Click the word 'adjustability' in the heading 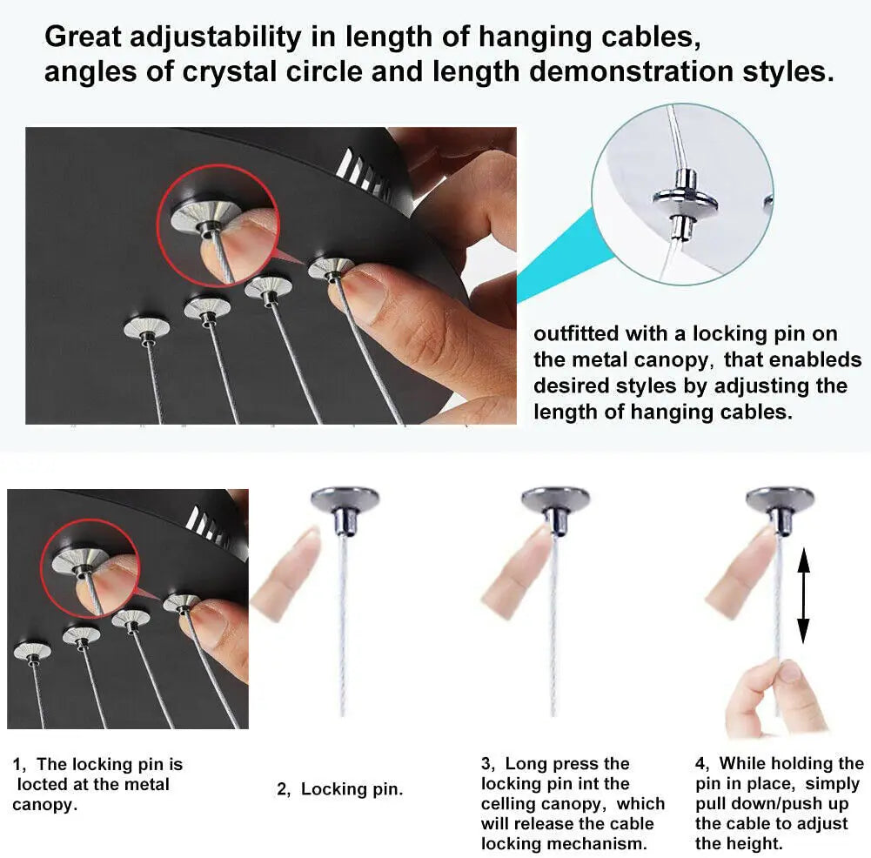pyautogui.click(x=216, y=37)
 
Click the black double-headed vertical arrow pyautogui.click(x=803, y=595)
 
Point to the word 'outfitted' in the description pyautogui.click(x=576, y=334)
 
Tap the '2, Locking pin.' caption pyautogui.click(x=340, y=789)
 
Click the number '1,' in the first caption pyautogui.click(x=19, y=765)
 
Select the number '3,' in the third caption pyautogui.click(x=488, y=764)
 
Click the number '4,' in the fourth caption pyautogui.click(x=703, y=764)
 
